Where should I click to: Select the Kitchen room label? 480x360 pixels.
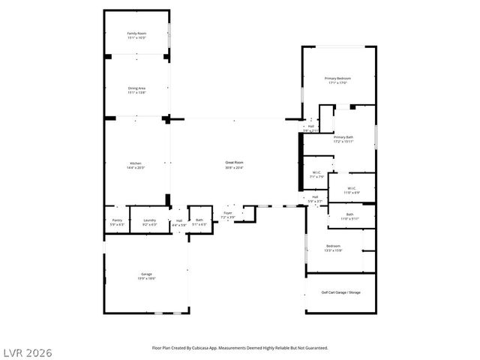[x=136, y=163]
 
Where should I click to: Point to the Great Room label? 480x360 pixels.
[x=235, y=164]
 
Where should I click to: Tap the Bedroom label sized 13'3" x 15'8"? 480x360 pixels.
[x=334, y=247]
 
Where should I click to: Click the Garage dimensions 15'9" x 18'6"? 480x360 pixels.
[x=146, y=278]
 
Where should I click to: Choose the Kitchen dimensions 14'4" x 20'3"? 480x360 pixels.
[x=136, y=167]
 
